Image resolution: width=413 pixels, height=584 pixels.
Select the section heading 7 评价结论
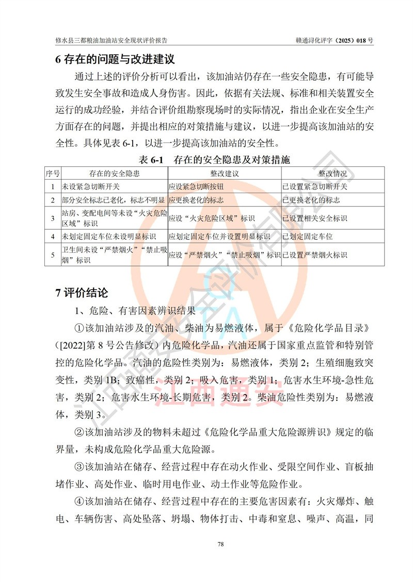pyautogui.click(x=82, y=293)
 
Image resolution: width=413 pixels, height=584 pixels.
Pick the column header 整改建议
pyautogui.click(x=224, y=173)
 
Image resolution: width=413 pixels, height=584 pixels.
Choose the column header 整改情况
pyautogui.click(x=332, y=173)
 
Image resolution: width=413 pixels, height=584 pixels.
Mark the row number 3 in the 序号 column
pyautogui.click(x=53, y=218)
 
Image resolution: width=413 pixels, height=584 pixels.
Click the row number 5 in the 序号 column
pyautogui.click(x=53, y=255)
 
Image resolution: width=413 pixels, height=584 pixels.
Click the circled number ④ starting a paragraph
pyautogui.click(x=79, y=501)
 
